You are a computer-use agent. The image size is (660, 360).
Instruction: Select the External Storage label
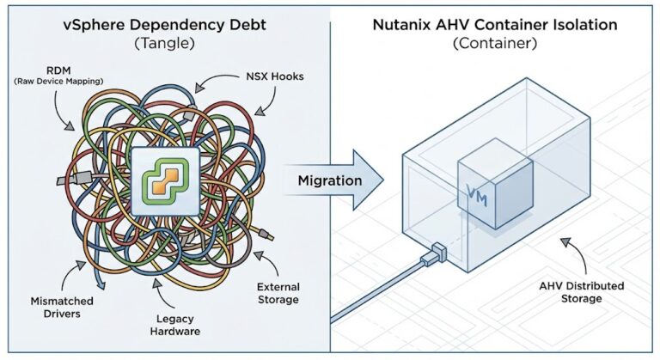click(x=277, y=293)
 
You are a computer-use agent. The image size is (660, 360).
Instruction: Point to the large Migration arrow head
click(x=370, y=180)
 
